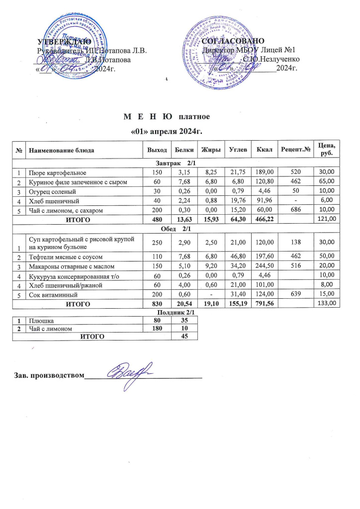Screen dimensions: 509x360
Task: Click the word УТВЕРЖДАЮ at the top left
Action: click(64, 41)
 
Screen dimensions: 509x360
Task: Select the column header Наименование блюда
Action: click(68, 150)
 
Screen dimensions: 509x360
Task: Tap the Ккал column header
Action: click(262, 150)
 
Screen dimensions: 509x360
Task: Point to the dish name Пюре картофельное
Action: click(57, 172)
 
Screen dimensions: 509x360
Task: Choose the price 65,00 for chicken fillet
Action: click(327, 183)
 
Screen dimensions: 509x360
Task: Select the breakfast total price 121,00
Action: click(327, 218)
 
